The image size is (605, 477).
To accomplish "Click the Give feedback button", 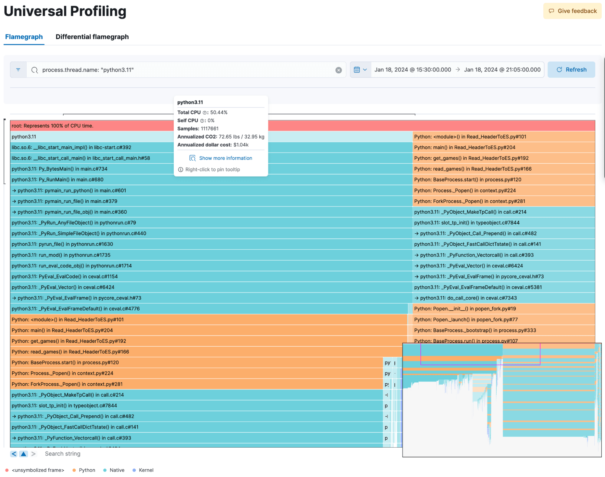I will (x=572, y=11).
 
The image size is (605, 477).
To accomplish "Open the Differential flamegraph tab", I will (x=92, y=37).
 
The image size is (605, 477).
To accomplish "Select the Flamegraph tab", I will (x=24, y=37).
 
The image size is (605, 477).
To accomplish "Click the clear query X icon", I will (x=338, y=70).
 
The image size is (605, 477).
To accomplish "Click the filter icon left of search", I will (x=18, y=70).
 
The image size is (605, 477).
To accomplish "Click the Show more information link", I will (x=225, y=158).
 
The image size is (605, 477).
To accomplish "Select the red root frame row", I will (x=91, y=126).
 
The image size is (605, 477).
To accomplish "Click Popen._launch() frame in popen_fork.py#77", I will (x=466, y=320).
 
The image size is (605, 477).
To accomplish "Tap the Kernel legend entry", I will (x=146, y=470).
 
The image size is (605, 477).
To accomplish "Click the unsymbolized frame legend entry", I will (x=38, y=470).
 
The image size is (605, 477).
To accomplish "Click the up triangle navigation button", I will (x=23, y=454).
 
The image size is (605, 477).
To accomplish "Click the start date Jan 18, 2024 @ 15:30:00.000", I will (x=413, y=70).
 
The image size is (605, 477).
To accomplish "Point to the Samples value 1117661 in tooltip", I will (x=209, y=129).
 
